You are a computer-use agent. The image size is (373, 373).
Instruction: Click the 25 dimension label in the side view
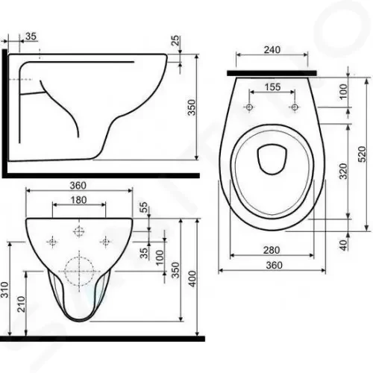[x=175, y=40]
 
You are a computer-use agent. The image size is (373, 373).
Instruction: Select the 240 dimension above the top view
[x=272, y=50]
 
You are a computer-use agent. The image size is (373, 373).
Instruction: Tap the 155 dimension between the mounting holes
[x=272, y=87]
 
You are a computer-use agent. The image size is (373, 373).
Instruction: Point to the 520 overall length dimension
[x=362, y=154]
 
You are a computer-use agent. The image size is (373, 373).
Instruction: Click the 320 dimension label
[x=343, y=171]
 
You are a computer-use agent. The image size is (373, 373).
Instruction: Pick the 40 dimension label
[x=343, y=245]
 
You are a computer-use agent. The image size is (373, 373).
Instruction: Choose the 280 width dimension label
[x=272, y=250]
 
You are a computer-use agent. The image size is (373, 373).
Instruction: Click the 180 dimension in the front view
[x=79, y=200]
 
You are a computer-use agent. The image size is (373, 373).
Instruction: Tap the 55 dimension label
[x=144, y=207]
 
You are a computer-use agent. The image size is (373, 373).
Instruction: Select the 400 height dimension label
[x=192, y=279]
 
